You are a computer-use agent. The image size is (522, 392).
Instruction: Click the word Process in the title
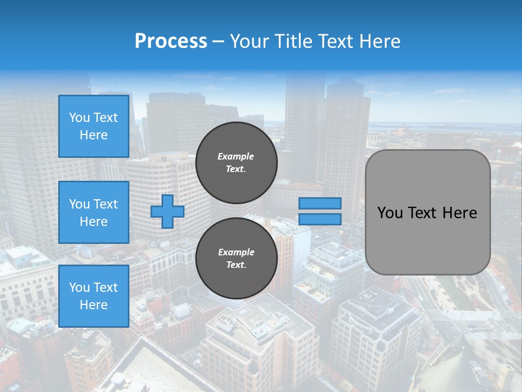tap(171, 41)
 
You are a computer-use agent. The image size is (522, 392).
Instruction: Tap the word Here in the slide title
tap(378, 41)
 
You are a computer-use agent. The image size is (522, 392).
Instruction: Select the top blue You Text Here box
tap(94, 126)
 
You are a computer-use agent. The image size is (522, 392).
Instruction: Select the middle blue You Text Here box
tap(94, 212)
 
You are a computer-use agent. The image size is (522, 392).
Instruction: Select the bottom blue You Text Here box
tap(94, 296)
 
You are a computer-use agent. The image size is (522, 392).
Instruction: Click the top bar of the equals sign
tap(320, 203)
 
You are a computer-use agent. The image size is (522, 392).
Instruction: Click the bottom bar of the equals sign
tap(320, 219)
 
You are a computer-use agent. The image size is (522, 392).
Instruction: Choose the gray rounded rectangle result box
tap(428, 240)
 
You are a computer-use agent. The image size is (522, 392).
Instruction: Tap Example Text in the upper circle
tap(236, 163)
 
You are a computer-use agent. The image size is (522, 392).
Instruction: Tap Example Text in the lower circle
tap(236, 259)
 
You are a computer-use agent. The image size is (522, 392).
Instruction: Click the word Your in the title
tap(251, 41)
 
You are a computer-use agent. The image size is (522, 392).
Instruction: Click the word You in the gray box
tap(390, 213)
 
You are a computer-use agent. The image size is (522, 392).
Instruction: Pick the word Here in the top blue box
tap(94, 135)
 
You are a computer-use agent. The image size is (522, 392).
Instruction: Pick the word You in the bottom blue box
tap(79, 287)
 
